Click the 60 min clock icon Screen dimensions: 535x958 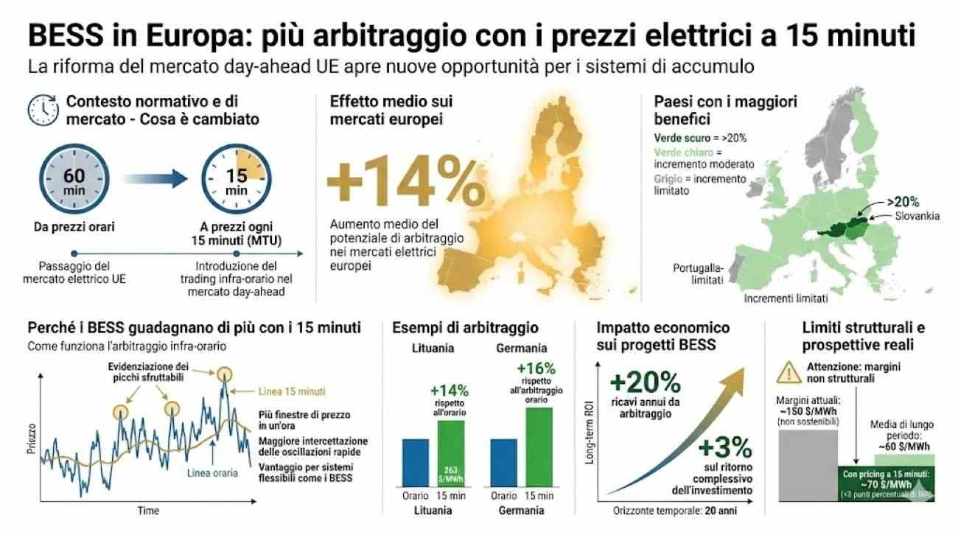73,181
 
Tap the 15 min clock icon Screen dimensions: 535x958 236,181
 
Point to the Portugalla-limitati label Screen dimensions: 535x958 696,273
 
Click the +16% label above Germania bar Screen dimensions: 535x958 536,368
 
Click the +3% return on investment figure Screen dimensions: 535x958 724,447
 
